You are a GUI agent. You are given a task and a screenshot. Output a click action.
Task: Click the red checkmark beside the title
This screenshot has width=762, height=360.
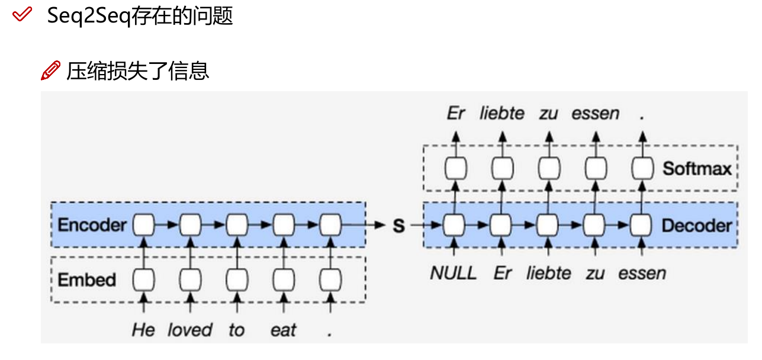pyautogui.click(x=22, y=15)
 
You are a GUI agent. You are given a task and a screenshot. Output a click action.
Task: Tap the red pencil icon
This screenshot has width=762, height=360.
pyautogui.click(x=50, y=70)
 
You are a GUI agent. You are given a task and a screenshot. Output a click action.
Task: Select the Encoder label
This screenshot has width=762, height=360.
pyautogui.click(x=92, y=226)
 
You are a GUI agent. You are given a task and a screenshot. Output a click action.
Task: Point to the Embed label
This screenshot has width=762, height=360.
pyautogui.click(x=86, y=279)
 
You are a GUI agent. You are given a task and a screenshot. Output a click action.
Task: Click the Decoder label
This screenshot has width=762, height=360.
pyautogui.click(x=696, y=226)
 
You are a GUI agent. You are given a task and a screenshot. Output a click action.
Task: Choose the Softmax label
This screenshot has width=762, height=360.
pyautogui.click(x=697, y=169)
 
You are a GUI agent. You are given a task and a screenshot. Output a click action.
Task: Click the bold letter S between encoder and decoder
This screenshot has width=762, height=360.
pyautogui.click(x=399, y=226)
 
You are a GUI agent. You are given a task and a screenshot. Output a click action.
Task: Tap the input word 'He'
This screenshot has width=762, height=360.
pyautogui.click(x=143, y=330)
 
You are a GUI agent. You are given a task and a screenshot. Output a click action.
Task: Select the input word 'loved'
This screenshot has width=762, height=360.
pyautogui.click(x=189, y=330)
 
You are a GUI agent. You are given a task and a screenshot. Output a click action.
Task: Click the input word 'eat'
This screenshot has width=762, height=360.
pyautogui.click(x=283, y=330)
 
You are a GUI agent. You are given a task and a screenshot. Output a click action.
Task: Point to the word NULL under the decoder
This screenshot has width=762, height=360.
pyautogui.click(x=453, y=273)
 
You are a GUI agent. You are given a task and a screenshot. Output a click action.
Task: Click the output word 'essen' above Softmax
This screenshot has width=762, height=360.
pyautogui.click(x=595, y=113)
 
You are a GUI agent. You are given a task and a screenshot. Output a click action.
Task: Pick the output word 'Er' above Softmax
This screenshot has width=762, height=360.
pyautogui.click(x=455, y=113)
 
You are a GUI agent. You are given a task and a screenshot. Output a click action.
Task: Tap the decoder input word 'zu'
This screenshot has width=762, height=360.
pyautogui.click(x=595, y=273)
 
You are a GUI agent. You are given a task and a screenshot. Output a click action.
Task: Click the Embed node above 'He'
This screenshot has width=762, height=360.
pyautogui.click(x=143, y=278)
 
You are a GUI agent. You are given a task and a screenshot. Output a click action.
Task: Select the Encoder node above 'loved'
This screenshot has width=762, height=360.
pyautogui.click(x=190, y=225)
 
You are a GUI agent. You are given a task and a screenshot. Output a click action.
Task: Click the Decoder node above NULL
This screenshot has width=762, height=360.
pyautogui.click(x=455, y=225)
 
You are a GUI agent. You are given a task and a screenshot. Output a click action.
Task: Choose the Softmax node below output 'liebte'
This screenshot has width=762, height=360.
pyautogui.click(x=501, y=169)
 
